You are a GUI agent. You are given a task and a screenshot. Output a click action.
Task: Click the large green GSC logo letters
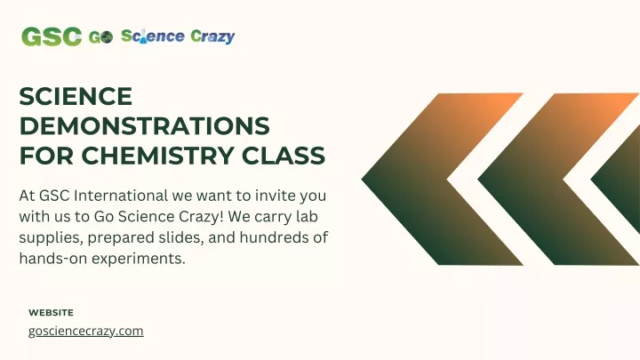[52, 36]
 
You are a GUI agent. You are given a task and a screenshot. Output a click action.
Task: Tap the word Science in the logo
[153, 36]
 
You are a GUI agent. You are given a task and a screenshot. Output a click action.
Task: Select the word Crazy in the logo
[212, 36]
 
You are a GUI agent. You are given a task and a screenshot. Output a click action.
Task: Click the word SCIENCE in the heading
[76, 96]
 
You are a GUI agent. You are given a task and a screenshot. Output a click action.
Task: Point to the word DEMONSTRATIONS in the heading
[145, 125]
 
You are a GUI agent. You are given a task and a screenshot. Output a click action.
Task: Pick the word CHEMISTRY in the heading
[157, 156]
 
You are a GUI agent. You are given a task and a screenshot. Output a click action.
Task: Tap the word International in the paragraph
[121, 196]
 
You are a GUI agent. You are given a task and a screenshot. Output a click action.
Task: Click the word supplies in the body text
[51, 238]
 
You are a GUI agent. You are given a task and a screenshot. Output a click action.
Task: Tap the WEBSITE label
[51, 313]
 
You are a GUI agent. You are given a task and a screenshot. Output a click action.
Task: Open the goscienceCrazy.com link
[85, 331]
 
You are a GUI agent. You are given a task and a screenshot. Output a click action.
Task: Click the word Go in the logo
[100, 37]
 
